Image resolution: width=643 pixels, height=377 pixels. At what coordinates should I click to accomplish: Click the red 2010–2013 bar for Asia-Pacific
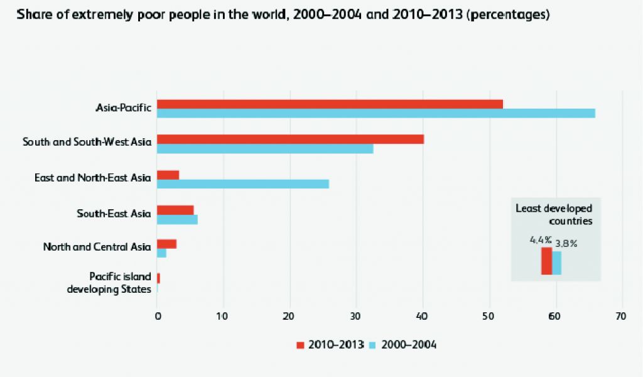(330, 104)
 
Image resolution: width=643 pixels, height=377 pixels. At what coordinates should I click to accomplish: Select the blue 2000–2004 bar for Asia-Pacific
(376, 113)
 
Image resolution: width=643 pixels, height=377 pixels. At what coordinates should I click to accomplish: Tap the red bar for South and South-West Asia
(290, 139)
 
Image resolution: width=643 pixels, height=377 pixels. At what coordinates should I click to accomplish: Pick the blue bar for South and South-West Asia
(265, 149)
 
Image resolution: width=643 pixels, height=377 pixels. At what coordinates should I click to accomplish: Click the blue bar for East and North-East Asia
(242, 183)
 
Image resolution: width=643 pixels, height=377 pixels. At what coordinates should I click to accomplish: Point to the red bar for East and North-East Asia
(168, 175)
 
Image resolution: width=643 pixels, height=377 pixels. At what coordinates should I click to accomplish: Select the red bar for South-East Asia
(175, 210)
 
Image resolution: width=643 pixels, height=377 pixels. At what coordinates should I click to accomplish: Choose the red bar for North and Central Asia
(166, 244)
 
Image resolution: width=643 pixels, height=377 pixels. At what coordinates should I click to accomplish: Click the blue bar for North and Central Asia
(161, 253)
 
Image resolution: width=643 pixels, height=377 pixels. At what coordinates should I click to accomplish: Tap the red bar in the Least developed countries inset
(546, 261)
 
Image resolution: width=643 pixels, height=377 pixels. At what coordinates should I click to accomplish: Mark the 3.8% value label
(566, 244)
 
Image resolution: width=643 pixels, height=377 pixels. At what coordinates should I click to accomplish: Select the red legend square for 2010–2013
(300, 345)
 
